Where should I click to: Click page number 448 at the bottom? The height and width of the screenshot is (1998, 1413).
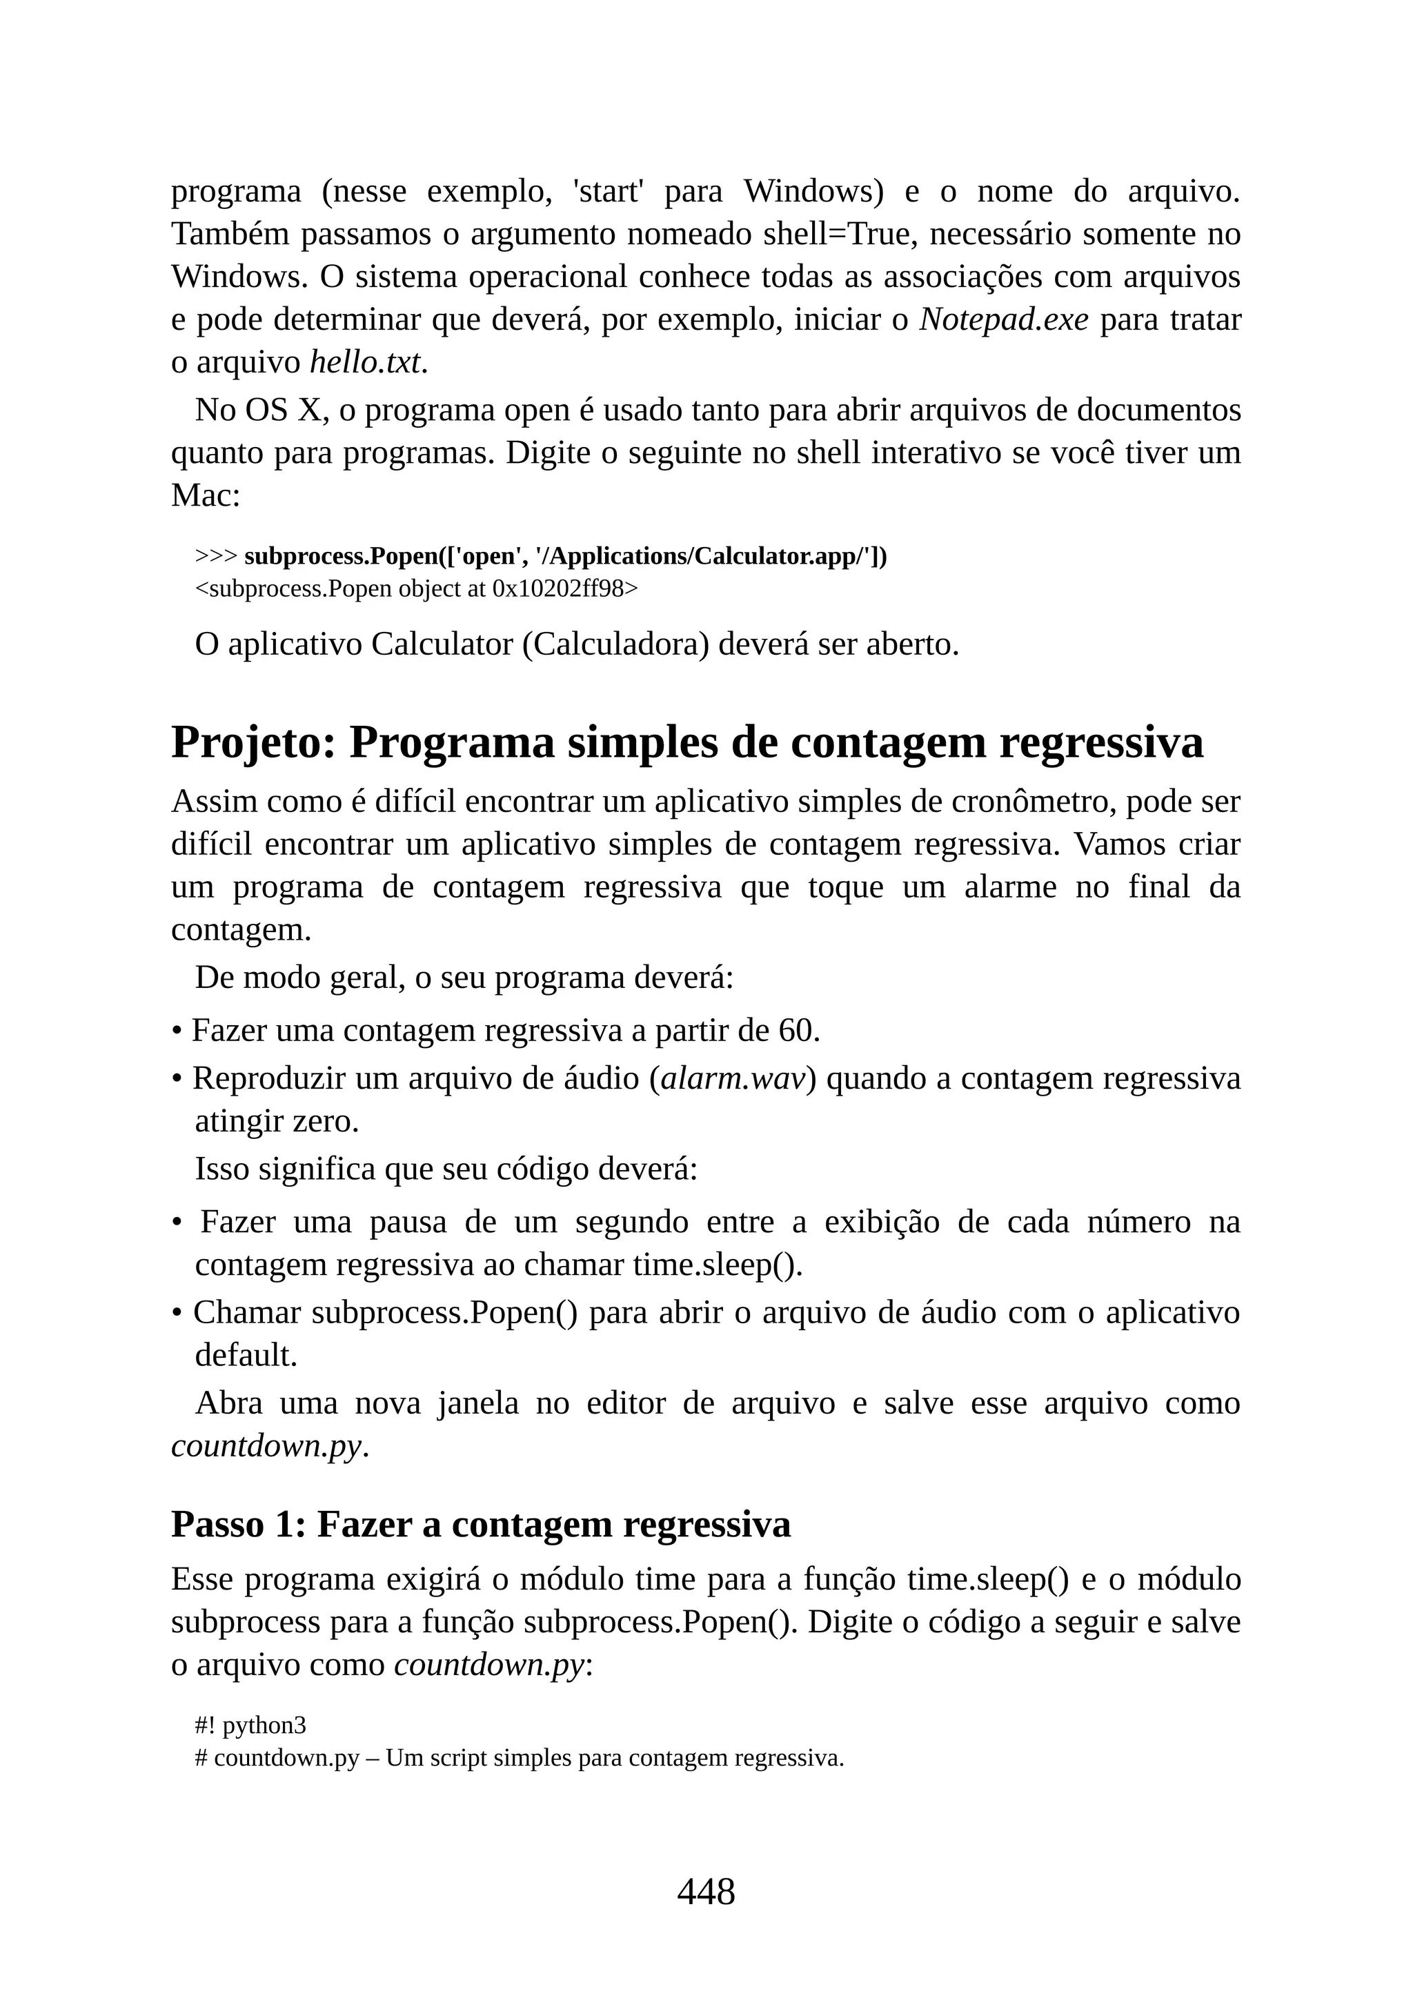point(706,1891)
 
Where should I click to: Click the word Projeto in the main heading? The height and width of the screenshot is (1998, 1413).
point(253,743)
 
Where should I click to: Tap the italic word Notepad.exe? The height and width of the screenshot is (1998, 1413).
point(1003,319)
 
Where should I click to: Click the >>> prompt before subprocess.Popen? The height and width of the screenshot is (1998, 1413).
point(216,556)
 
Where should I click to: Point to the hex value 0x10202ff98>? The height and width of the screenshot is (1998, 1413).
point(564,589)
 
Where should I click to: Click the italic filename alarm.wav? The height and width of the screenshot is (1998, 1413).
point(733,1078)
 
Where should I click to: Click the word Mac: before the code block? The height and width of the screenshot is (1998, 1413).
point(206,495)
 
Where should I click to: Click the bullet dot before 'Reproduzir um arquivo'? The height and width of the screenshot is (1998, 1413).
point(177,1079)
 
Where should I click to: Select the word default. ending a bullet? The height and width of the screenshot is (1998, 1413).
point(246,1355)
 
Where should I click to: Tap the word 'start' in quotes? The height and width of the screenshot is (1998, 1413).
point(607,191)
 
